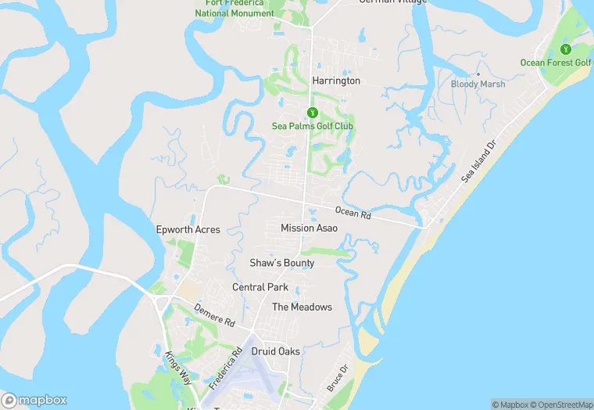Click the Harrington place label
[x=336, y=81]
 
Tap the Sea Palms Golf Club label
[x=313, y=126]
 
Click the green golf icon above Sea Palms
[x=313, y=113]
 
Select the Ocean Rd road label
[x=352, y=212]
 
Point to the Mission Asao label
[x=309, y=228]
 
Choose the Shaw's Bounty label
[x=282, y=263]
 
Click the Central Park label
[x=260, y=287]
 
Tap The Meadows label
[x=302, y=307]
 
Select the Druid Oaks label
[x=275, y=351]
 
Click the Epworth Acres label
[x=188, y=229]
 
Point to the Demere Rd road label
[x=214, y=315]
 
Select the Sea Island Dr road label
[x=478, y=162]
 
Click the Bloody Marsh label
[x=478, y=84]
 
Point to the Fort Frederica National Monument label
[x=234, y=9]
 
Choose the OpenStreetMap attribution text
[x=561, y=405]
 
